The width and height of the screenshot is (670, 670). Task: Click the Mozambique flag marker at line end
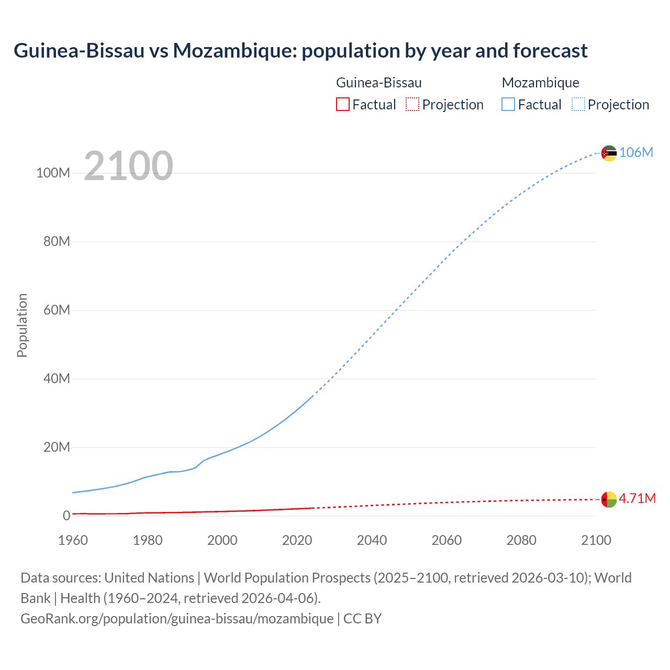coord(609,153)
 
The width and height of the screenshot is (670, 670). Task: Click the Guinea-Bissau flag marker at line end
coord(609,499)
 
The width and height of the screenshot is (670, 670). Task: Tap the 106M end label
coord(636,152)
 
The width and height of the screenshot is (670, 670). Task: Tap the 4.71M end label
coord(637,498)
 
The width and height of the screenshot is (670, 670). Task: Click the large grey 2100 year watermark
coord(128,166)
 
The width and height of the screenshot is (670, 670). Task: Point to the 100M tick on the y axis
coord(53,173)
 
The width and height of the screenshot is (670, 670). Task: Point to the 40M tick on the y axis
coord(56,378)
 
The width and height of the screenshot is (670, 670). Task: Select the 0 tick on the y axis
coord(66,516)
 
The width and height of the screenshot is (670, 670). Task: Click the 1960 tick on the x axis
coord(73,540)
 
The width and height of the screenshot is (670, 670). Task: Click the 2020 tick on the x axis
coord(297,540)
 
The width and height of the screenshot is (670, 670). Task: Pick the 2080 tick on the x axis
coord(521,540)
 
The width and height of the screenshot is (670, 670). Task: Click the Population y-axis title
coord(22,325)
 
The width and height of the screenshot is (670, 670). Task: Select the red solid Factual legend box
coord(342,104)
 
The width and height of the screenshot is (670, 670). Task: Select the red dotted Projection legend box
coord(412,104)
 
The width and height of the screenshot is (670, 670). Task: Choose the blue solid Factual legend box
coord(508,104)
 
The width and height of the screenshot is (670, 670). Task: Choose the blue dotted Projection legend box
coord(578,104)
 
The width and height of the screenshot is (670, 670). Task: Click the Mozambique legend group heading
coord(540,83)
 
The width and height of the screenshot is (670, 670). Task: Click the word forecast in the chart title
coord(550,51)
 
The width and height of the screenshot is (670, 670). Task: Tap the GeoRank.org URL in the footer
coord(177,619)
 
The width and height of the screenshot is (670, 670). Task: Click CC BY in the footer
coord(362,619)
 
